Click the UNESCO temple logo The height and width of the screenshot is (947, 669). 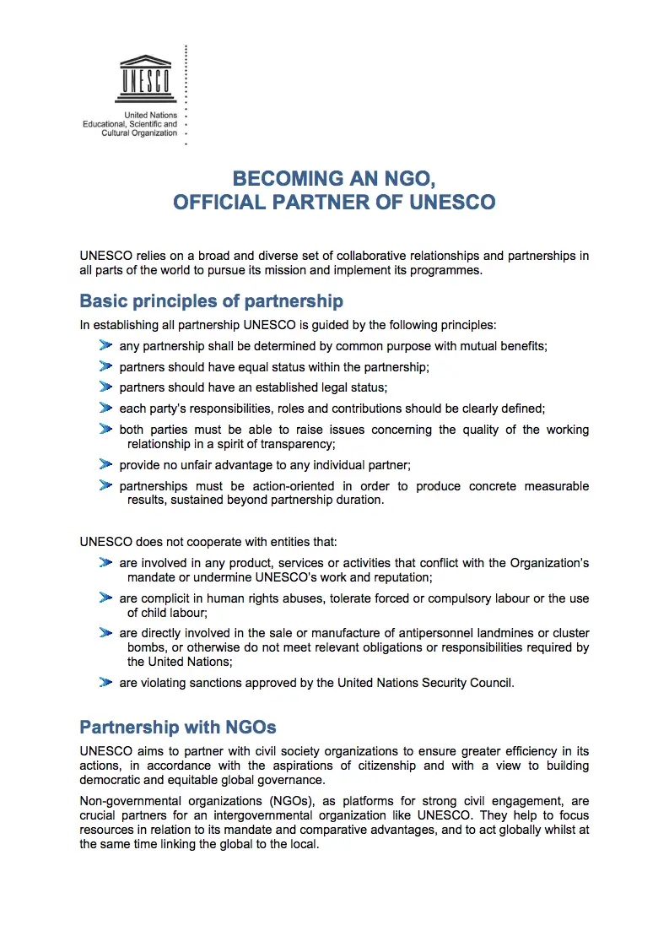click(145, 77)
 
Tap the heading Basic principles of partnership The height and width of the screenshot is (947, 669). click(211, 301)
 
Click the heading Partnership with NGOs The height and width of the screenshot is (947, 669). click(178, 727)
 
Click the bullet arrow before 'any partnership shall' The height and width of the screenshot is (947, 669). click(105, 345)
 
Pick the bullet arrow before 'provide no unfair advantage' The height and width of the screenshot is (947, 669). click(105, 464)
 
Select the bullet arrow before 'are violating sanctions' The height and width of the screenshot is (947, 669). click(105, 682)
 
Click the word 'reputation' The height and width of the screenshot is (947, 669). click(400, 577)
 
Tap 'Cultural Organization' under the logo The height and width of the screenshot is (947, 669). click(139, 133)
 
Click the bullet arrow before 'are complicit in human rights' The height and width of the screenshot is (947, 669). click(105, 598)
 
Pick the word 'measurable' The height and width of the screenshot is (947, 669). click(553, 486)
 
